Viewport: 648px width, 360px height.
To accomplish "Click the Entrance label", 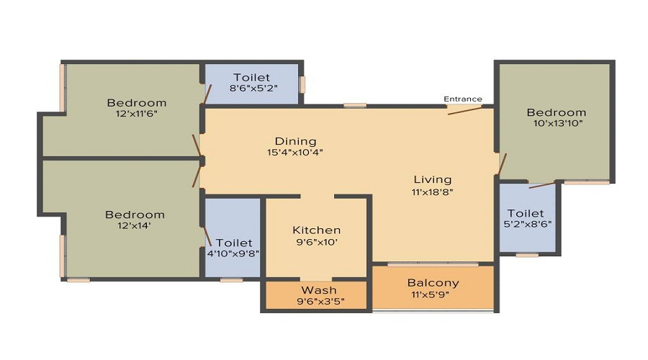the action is point(463,99).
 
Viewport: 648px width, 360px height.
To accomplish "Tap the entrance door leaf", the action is point(465,110).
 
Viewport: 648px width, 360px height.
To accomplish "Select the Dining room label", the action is point(295,141).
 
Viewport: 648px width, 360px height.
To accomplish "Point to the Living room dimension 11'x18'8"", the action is point(432,192).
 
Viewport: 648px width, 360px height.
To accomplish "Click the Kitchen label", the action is point(317,230).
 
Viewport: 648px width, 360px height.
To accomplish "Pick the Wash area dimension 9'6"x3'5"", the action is point(320,301).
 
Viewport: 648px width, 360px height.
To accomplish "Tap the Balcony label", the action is point(433,283).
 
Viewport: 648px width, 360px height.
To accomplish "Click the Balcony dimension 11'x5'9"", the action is point(430,294).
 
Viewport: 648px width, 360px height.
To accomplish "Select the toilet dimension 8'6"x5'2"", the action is point(253,88).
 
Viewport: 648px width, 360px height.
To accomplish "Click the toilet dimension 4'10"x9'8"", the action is point(233,253).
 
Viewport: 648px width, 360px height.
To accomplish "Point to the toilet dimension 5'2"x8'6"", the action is point(527,224).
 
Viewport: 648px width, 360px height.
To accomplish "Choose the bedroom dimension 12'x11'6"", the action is point(136,114).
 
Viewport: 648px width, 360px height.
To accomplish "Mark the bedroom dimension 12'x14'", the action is point(134,225).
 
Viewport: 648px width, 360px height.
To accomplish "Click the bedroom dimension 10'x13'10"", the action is point(557,123).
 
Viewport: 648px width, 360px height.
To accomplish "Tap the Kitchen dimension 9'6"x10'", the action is point(317,242).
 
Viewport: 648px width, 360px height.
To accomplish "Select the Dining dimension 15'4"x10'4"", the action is point(294,152).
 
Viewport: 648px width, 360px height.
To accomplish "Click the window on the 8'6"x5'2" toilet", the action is point(302,85).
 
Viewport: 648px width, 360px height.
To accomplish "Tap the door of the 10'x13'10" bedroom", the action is point(502,164).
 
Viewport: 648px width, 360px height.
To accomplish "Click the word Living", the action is point(433,180).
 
